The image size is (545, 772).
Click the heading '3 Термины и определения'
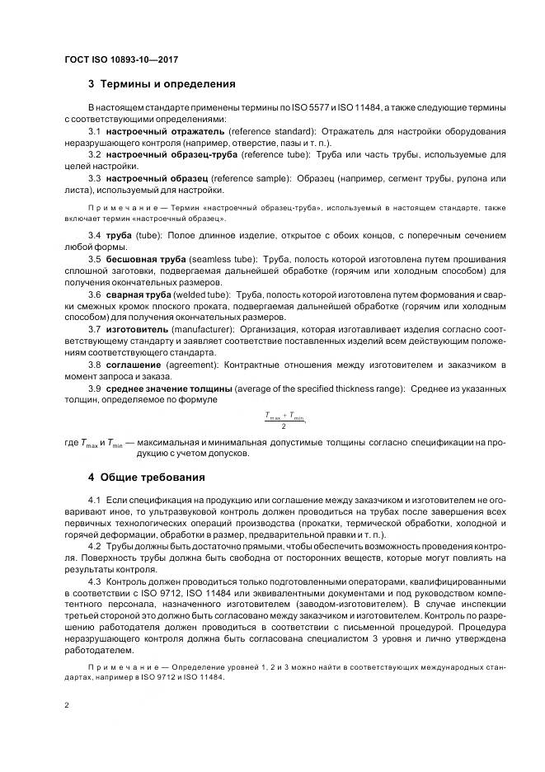(x=162, y=83)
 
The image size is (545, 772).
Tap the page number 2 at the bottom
(x=66, y=705)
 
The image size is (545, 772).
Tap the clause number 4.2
(x=94, y=547)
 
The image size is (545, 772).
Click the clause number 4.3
(x=94, y=581)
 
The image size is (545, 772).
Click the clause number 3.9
(x=94, y=388)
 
